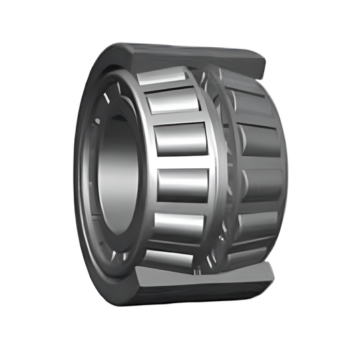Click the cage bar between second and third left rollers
click(177, 120)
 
